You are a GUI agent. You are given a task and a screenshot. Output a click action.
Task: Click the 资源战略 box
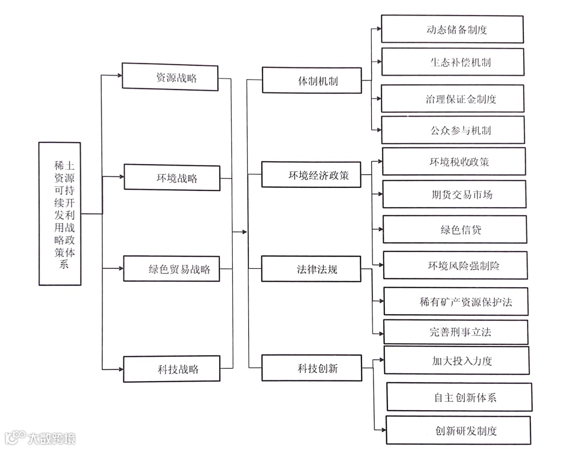coord(170,78)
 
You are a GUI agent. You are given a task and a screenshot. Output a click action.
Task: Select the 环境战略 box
coord(172,178)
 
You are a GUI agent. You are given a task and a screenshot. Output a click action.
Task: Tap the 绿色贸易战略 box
coord(172,269)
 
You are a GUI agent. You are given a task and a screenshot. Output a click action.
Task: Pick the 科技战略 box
coord(172,369)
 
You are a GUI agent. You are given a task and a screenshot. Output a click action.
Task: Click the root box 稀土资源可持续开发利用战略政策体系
coord(60,214)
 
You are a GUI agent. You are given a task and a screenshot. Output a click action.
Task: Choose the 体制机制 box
coord(311,80)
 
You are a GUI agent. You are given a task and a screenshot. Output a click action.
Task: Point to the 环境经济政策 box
coord(311,175)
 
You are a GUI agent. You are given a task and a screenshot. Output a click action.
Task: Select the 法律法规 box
coord(311,269)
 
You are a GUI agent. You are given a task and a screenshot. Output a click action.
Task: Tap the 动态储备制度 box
coord(452,29)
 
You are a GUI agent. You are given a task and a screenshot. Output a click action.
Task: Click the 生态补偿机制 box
coord(453,62)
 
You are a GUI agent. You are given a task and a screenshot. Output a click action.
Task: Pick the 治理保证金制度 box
coord(453,99)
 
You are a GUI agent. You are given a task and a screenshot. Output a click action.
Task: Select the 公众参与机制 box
coord(453,130)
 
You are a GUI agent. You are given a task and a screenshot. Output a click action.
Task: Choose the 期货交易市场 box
coord(454,194)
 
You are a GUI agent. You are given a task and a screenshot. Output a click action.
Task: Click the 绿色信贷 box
coord(455,229)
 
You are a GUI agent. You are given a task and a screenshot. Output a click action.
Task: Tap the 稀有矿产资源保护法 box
coord(456,301)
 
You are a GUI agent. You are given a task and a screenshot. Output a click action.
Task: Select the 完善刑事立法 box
coord(456,332)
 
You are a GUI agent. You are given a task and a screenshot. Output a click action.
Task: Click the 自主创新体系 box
coord(459,397)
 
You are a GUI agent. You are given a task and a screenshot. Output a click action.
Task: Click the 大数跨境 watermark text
coord(52,437)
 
